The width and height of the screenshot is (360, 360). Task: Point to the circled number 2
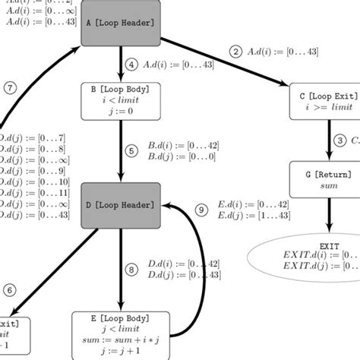[x=235, y=52]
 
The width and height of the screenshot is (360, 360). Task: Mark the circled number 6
[x=9, y=289]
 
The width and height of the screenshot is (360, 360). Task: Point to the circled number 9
[x=201, y=209]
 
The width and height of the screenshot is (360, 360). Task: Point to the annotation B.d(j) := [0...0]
[x=182, y=156]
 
